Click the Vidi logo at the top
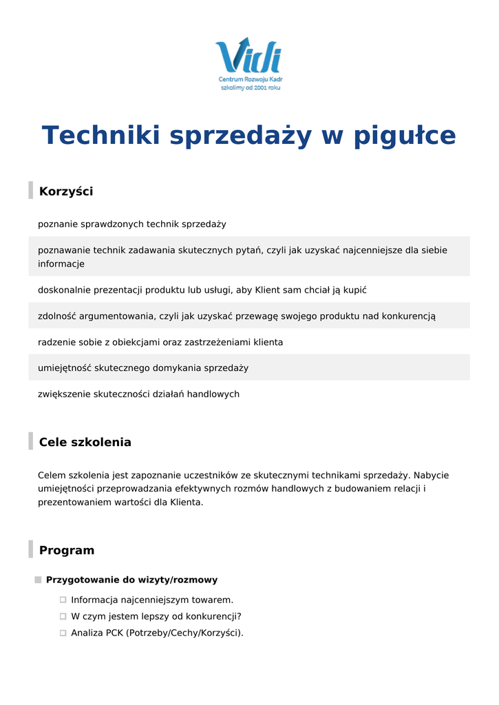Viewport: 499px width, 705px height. (248, 58)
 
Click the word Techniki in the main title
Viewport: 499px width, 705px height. (100, 136)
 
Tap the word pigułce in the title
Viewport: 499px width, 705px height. (405, 136)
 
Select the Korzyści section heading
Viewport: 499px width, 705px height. (66, 191)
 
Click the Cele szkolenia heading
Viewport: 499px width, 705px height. (85, 442)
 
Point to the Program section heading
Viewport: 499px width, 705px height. (67, 550)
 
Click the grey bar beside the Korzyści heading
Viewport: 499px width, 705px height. (30, 191)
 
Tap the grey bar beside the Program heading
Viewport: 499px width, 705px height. (30, 549)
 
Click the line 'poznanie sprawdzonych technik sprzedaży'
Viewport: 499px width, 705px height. (132, 224)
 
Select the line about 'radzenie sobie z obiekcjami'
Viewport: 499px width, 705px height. (160, 342)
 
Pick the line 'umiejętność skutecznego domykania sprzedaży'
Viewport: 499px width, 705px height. (143, 368)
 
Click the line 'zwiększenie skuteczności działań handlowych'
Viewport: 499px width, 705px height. (138, 394)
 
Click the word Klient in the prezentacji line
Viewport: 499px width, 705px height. (268, 290)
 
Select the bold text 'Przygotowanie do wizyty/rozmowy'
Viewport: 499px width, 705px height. (131, 580)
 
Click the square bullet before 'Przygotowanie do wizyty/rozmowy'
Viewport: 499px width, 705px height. (39, 580)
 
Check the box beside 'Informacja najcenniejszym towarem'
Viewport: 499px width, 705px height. (63, 600)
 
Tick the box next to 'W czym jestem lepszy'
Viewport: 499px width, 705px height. (63, 617)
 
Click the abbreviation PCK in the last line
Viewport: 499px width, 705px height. (114, 633)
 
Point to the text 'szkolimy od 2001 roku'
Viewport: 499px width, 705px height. (251, 88)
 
